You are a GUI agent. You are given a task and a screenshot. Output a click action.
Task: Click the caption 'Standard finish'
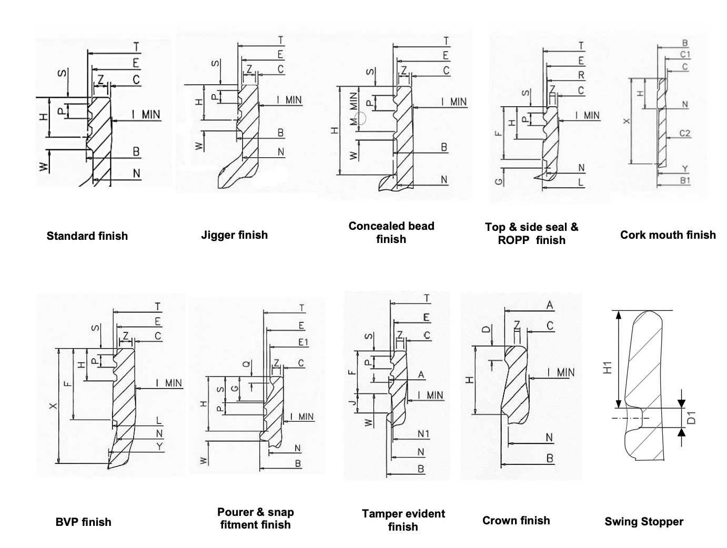[87, 236]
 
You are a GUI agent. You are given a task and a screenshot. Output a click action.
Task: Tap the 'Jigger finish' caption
[234, 235]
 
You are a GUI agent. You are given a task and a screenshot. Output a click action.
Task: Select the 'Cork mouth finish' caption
[668, 235]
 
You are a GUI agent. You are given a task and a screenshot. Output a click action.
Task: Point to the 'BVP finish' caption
[83, 522]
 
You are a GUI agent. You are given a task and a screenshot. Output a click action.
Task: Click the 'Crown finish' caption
[516, 521]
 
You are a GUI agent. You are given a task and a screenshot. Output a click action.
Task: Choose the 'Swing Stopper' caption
[644, 522]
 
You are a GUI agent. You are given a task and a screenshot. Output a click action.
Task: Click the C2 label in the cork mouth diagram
[684, 134]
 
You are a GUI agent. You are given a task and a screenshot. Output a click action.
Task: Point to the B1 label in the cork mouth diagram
[685, 180]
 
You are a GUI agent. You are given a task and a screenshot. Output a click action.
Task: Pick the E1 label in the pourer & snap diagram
[303, 342]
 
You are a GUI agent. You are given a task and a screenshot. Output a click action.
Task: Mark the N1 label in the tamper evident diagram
[423, 434]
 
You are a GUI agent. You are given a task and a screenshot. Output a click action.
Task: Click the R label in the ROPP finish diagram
[581, 75]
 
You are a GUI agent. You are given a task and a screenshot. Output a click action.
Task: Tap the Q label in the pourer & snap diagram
[246, 363]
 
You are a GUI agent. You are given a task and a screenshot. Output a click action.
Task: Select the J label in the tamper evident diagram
[354, 402]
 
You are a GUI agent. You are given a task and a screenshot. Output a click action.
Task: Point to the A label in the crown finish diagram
[550, 305]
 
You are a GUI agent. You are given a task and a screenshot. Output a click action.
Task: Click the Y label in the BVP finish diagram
[159, 446]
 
